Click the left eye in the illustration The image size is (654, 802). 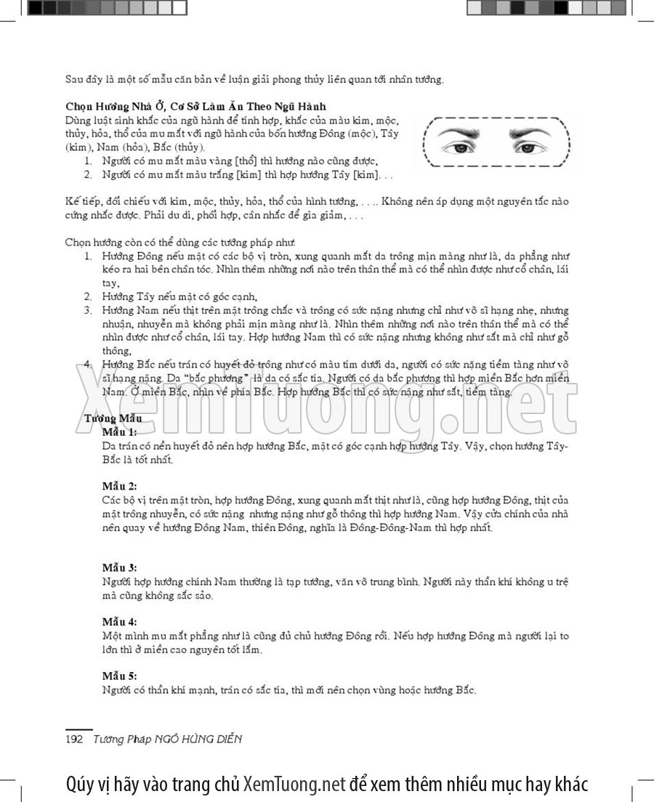(461, 147)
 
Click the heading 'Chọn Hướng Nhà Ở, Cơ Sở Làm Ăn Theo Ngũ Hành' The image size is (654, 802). (195, 106)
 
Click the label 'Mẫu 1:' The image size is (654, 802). (119, 432)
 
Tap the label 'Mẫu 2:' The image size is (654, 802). (119, 486)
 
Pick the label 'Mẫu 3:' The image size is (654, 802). (119, 567)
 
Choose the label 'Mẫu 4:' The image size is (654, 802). (119, 622)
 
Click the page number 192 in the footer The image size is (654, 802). (74, 740)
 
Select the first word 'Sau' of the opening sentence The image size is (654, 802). (75, 79)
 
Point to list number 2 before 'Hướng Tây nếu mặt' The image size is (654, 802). (87, 296)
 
